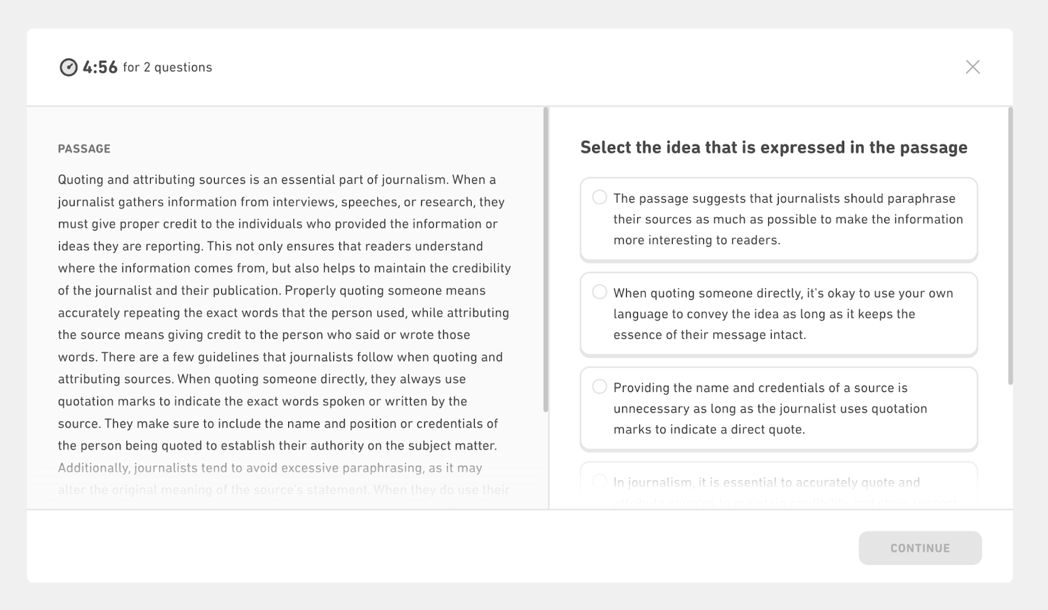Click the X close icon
tap(973, 67)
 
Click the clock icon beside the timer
tap(69, 67)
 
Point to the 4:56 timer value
tap(100, 67)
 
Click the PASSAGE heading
tap(84, 149)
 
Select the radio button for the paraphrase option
tap(599, 197)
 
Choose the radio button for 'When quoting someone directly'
tap(599, 292)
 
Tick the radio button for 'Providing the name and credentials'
tap(599, 387)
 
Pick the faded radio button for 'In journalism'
tap(599, 482)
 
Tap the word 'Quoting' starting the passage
tap(81, 180)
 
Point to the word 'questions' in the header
tap(183, 67)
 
